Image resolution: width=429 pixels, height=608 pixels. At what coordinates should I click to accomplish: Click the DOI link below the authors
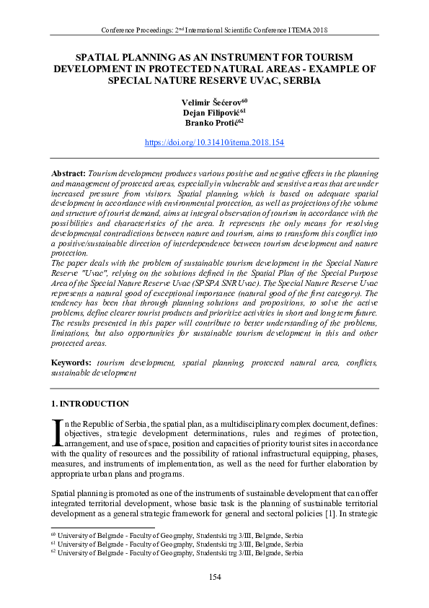click(214, 143)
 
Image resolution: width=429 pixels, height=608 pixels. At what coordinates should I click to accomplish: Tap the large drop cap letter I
click(57, 431)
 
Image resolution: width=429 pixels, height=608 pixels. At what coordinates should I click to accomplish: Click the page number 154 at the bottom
click(214, 576)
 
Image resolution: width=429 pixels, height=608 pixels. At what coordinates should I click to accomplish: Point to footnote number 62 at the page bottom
click(53, 552)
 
